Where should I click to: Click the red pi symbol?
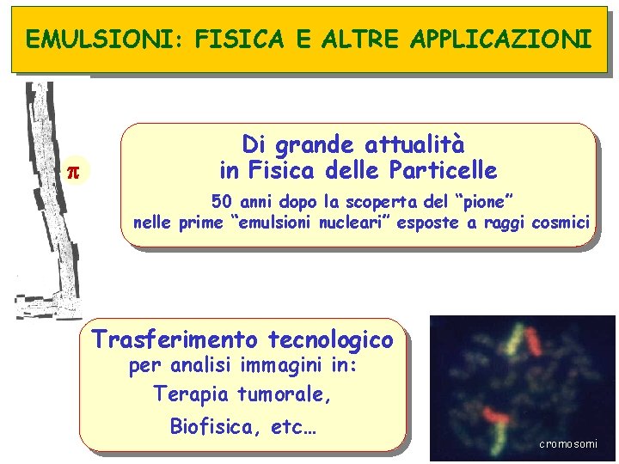tap(73, 171)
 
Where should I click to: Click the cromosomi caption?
tap(567, 443)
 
